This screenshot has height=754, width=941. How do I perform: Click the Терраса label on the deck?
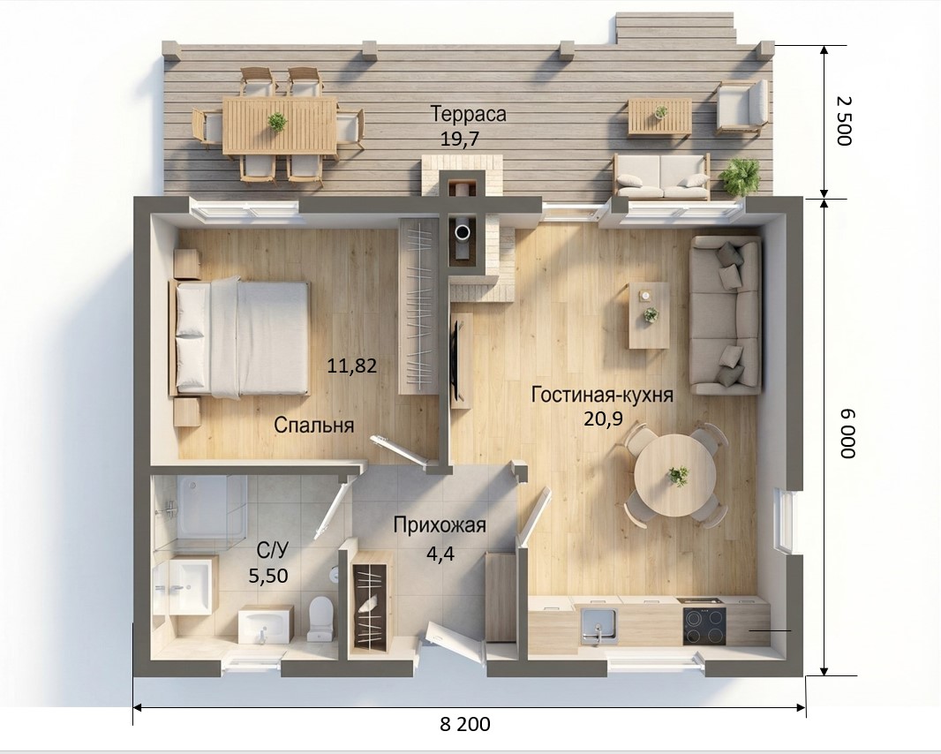[469, 114]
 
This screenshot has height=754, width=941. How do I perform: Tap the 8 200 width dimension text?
[465, 725]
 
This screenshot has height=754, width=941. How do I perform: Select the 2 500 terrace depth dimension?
[843, 121]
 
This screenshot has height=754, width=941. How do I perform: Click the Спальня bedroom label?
[314, 425]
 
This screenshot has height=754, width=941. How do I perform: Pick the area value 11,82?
[352, 365]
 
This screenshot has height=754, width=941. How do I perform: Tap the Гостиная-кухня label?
[602, 395]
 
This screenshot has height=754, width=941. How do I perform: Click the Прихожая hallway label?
[440, 525]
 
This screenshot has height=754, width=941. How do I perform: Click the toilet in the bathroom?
[320, 618]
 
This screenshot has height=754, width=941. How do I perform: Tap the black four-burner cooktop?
[704, 626]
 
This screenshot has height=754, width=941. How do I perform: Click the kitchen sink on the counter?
[598, 626]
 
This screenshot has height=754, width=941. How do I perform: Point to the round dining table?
[674, 476]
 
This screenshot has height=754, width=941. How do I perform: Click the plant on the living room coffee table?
[650, 314]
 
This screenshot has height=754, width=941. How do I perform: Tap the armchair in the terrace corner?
[742, 107]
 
